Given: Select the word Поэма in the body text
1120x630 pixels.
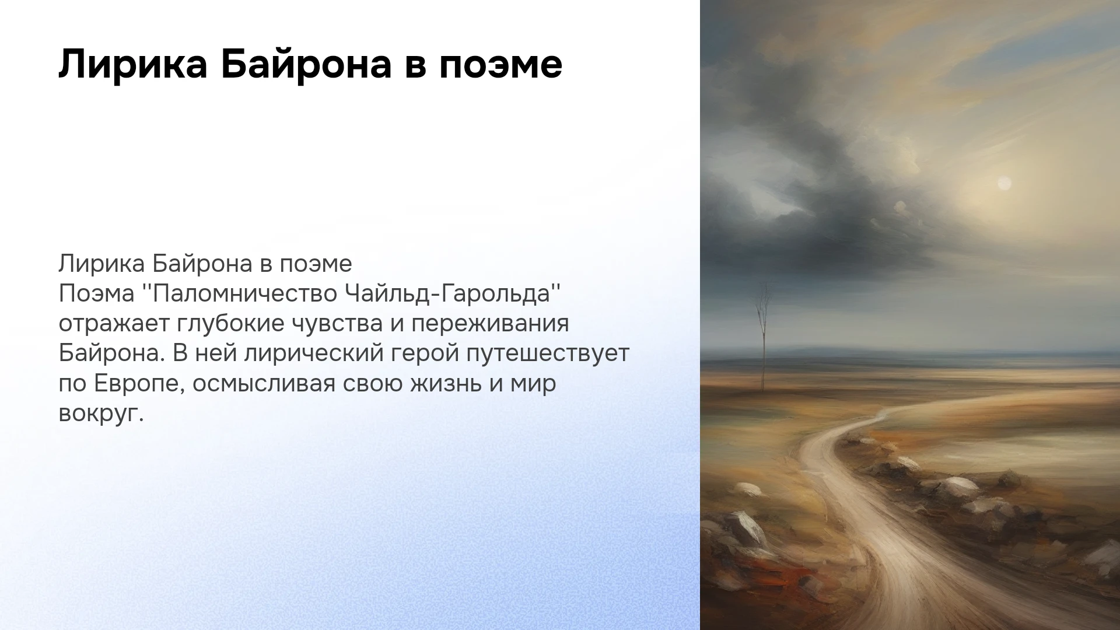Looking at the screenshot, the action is coord(97,293).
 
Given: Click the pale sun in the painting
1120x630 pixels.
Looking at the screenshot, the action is coord(1004,184).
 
